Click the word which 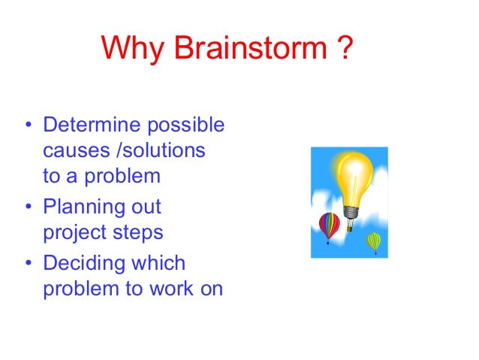[155, 263]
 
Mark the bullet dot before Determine [28, 125]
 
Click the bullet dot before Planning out [28, 207]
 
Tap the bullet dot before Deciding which [28, 263]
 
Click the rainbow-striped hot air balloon [329, 225]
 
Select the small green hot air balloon [373, 241]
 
